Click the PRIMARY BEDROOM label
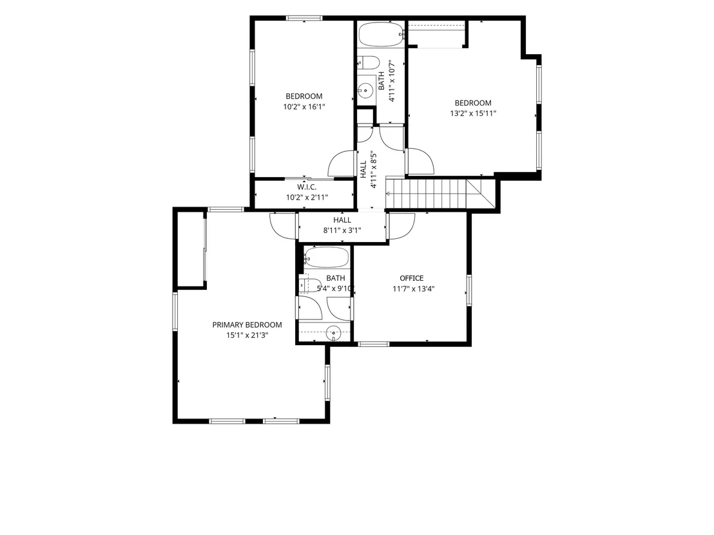[247, 325]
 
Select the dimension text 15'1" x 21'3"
[247, 335]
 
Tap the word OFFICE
[412, 278]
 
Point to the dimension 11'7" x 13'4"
[414, 289]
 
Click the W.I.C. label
[307, 187]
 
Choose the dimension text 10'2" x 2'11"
[307, 198]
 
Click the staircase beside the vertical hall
[440, 194]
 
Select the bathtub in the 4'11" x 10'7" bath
[381, 34]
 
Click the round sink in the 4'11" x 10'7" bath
[365, 91]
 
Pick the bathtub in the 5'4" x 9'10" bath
[327, 258]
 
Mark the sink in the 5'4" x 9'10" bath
[334, 333]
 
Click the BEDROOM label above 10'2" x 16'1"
[304, 97]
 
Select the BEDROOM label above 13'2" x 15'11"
[473, 103]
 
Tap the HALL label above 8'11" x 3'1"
[342, 220]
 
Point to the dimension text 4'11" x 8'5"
[374, 170]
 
